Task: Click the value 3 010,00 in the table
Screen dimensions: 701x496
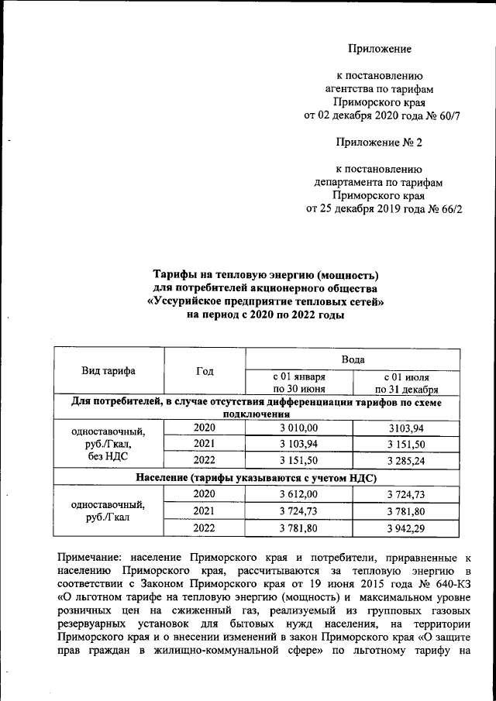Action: click(x=298, y=428)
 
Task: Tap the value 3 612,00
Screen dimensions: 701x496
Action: click(x=298, y=493)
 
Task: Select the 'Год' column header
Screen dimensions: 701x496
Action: click(x=205, y=372)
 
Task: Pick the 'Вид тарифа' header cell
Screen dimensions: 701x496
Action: click(x=108, y=371)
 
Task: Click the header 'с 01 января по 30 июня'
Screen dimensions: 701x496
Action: click(x=298, y=383)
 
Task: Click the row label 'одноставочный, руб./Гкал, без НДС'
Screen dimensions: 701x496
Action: click(x=108, y=445)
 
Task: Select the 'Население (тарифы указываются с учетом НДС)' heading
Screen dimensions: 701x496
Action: click(x=257, y=476)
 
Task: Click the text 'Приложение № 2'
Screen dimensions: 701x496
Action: click(x=379, y=143)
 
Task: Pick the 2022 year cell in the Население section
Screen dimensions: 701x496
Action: click(x=205, y=528)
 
